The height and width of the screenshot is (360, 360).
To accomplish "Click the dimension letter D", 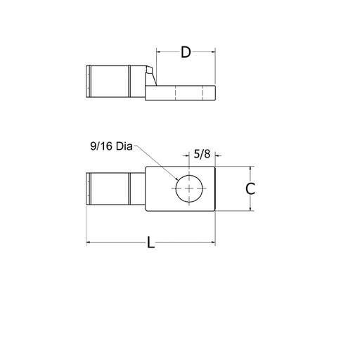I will coord(186,53).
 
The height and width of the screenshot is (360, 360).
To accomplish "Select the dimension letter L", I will coord(150,243).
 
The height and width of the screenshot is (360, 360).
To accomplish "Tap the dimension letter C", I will coord(250,188).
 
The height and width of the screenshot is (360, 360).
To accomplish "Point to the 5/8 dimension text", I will coord(202,153).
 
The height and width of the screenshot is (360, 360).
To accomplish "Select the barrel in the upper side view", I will coord(109,80).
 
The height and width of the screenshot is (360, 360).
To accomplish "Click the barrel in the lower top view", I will coord(109,188).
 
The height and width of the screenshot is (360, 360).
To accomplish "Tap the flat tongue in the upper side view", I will coord(180,94).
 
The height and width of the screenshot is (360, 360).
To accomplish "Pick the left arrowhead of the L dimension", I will coord(89,243).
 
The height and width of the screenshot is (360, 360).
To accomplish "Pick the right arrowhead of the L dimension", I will coord(212,243).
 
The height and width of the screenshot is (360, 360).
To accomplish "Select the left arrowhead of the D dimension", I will coord(159,53).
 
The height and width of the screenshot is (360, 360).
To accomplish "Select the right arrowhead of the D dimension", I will coord(212,53).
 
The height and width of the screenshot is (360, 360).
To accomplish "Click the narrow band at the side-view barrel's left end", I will coord(88,80).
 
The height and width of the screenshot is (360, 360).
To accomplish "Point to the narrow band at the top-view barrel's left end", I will coord(88,188).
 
